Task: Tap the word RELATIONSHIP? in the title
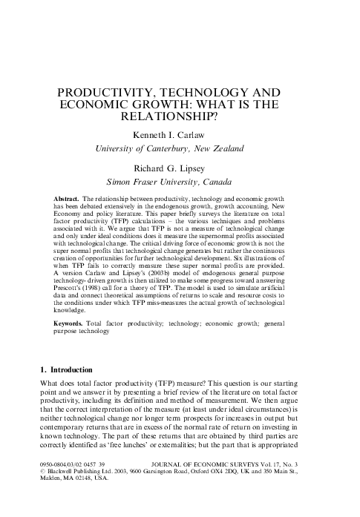coord(180,116)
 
